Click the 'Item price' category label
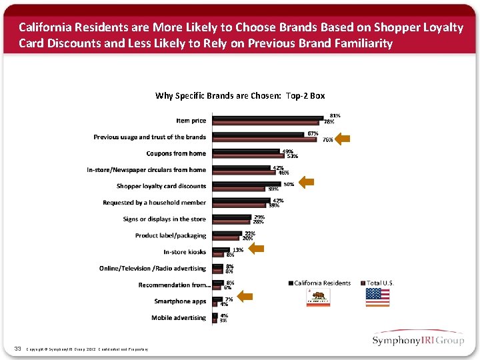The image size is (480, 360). coord(191,121)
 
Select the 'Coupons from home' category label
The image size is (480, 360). coord(176,153)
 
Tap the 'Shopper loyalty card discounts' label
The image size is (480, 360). coord(161,186)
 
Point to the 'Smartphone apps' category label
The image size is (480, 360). coord(180,301)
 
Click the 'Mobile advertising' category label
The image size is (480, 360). coord(179,318)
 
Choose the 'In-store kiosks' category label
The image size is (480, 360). coord(185,252)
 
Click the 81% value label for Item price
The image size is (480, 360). coord(335,115)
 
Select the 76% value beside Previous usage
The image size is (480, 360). coord(328,140)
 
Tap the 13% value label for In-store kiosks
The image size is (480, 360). coord(237,250)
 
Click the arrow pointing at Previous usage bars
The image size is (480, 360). coord(343,139)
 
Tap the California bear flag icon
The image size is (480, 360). coord(318,297)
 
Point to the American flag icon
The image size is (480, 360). coord(377,297)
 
